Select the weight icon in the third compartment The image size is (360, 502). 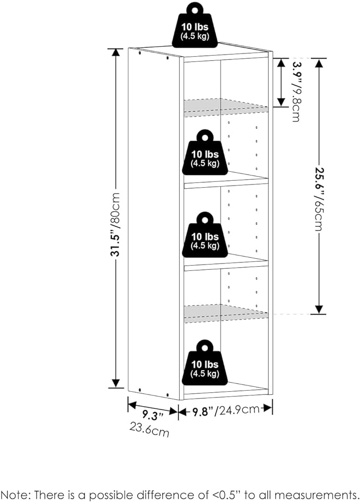click(x=204, y=236)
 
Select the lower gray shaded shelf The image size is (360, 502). click(x=225, y=313)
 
